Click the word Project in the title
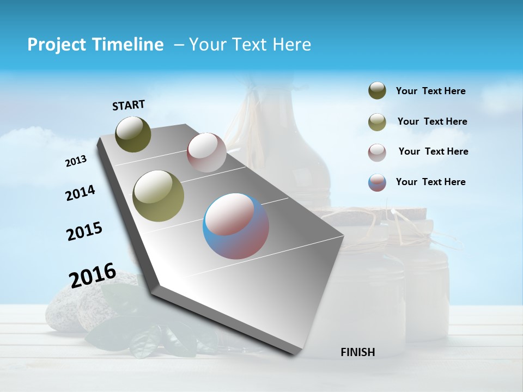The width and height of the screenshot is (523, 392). (x=53, y=45)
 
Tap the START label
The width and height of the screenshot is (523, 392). (x=129, y=105)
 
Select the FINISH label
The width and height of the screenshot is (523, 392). (x=357, y=352)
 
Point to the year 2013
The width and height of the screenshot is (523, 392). (x=76, y=161)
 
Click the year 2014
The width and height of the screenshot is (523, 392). (x=80, y=193)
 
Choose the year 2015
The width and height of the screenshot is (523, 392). (x=84, y=231)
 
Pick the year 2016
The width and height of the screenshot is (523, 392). (x=93, y=275)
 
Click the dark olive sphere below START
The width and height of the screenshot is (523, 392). (x=133, y=134)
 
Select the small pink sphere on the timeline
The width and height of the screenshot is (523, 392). (x=206, y=152)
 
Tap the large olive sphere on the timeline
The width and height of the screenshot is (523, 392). (x=159, y=196)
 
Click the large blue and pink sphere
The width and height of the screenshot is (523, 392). (x=236, y=226)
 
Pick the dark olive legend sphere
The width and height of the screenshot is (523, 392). (x=377, y=91)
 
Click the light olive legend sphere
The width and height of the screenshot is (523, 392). (x=377, y=122)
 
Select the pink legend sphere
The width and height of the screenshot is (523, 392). (x=377, y=152)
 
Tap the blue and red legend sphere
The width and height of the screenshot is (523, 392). (x=377, y=182)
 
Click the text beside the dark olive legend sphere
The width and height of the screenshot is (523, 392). (x=430, y=91)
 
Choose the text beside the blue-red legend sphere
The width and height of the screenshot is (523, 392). (x=430, y=182)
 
